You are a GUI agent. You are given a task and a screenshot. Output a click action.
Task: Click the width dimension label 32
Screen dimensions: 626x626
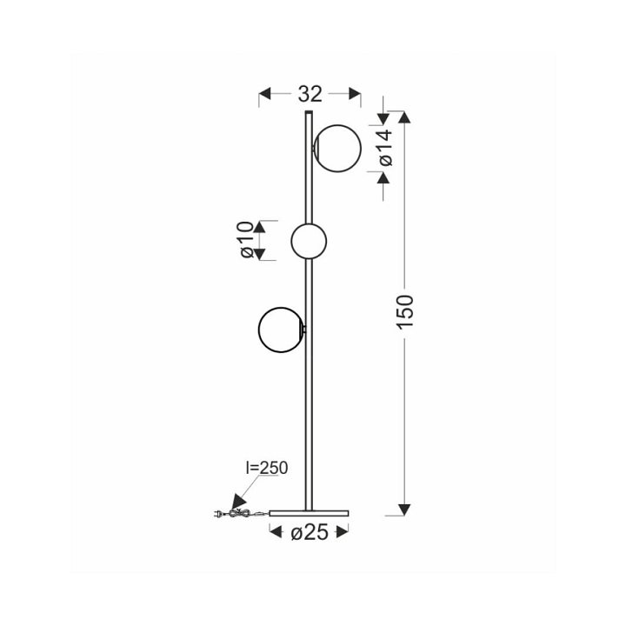click(310, 94)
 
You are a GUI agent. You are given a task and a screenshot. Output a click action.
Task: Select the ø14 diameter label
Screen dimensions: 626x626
click(386, 147)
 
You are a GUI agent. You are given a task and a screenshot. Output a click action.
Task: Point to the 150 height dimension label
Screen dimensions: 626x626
click(405, 312)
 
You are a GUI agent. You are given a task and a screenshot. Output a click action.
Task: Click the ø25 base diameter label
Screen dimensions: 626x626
click(310, 532)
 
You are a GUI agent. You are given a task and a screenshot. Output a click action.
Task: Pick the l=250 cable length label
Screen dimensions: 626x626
click(266, 468)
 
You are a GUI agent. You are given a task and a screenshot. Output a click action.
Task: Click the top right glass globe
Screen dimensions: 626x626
click(337, 149)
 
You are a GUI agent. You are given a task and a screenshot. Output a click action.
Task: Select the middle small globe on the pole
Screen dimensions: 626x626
click(309, 241)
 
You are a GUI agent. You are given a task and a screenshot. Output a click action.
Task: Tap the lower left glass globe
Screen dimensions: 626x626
click(281, 330)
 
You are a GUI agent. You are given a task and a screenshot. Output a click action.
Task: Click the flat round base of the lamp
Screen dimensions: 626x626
click(309, 513)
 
